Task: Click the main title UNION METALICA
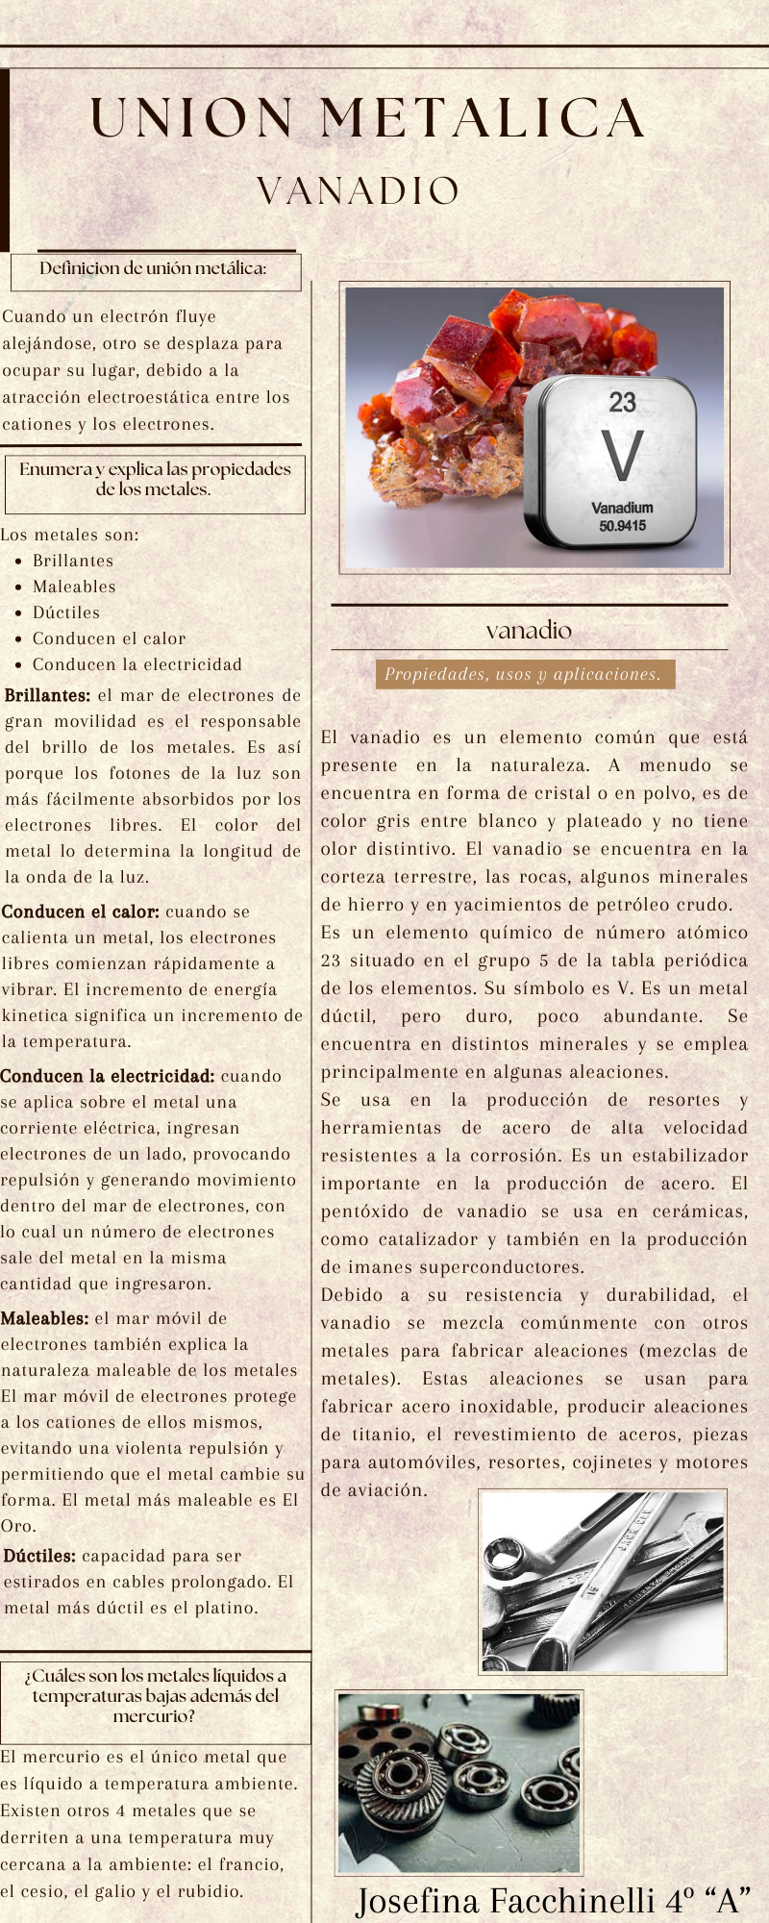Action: point(367,118)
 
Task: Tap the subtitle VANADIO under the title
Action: point(359,191)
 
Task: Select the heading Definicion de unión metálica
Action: point(154,268)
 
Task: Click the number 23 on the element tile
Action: point(622,402)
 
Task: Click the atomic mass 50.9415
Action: point(622,526)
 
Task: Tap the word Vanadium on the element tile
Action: point(622,507)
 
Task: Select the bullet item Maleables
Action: point(74,587)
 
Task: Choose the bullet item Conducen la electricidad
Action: point(137,664)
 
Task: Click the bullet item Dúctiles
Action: point(66,612)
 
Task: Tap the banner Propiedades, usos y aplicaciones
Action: point(524,674)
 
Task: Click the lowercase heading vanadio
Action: point(529,631)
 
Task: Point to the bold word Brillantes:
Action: point(48,695)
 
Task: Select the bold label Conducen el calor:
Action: point(81,912)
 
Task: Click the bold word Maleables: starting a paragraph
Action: point(45,1318)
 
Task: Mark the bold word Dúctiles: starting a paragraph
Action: point(40,1556)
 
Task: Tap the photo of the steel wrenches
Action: point(603,1582)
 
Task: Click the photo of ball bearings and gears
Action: point(459,1783)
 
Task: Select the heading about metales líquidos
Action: point(155,1695)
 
